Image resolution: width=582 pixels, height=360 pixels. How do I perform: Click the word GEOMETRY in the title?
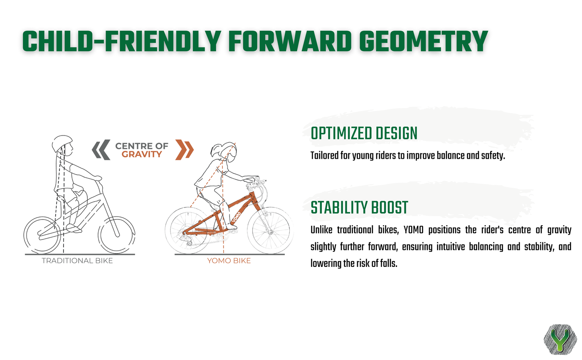pos(423,42)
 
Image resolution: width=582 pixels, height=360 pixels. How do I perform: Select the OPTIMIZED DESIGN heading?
pos(364,133)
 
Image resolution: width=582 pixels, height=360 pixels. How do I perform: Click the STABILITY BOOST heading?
pos(359,207)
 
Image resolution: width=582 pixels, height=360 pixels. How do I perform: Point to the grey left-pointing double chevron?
pos(101,150)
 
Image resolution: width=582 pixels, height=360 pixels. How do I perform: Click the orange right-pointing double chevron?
pos(185,150)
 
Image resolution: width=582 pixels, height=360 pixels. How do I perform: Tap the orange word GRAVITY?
pos(142,154)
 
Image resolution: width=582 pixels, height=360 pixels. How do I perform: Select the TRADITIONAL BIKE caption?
pos(77,261)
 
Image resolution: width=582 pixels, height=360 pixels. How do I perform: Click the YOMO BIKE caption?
pos(229,261)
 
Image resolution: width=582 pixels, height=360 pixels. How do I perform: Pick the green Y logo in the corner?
pos(560,340)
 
